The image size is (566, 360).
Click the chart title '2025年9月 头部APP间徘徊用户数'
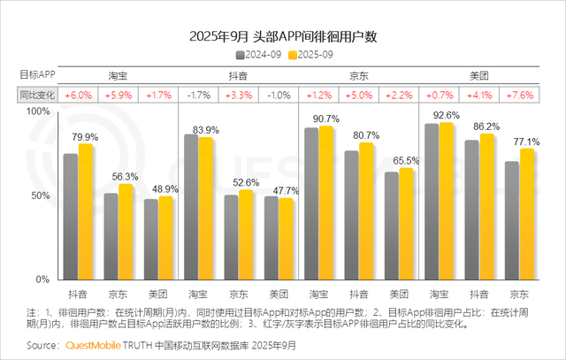(x=283, y=36)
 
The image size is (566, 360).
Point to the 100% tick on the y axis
(x=40, y=111)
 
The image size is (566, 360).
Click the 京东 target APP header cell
(x=358, y=76)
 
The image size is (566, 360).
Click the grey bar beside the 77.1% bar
(x=510, y=220)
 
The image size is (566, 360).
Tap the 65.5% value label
(x=406, y=160)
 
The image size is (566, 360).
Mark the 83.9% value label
(x=206, y=130)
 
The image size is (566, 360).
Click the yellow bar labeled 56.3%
(x=126, y=232)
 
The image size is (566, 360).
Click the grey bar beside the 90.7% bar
(x=311, y=203)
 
